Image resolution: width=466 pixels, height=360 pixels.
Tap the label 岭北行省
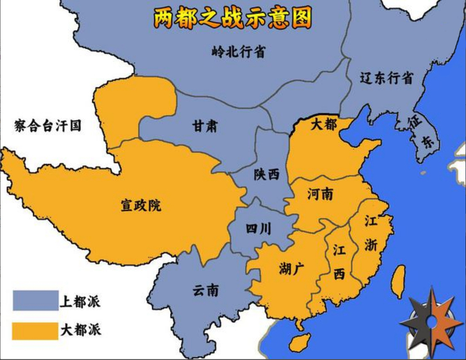coord(238,52)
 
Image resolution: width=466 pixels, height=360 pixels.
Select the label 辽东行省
coord(386,78)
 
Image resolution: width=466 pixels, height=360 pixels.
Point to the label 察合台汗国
coord(48,126)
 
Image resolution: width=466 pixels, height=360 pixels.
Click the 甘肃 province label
coord(204,126)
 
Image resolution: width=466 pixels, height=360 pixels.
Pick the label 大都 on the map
coord(323,124)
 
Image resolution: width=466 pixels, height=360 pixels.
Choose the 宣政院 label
coord(140,205)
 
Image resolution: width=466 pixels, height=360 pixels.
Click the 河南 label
coord(320,194)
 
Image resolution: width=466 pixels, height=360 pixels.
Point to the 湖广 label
coord(291,269)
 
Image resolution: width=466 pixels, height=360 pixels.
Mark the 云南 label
coord(206,290)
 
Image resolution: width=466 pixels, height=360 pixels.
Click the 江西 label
coord(339,261)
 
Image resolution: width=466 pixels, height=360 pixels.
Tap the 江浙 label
coord(371,233)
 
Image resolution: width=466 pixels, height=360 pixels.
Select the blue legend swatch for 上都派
coord(34,301)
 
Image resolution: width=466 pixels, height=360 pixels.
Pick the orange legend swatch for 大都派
coord(34,328)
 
